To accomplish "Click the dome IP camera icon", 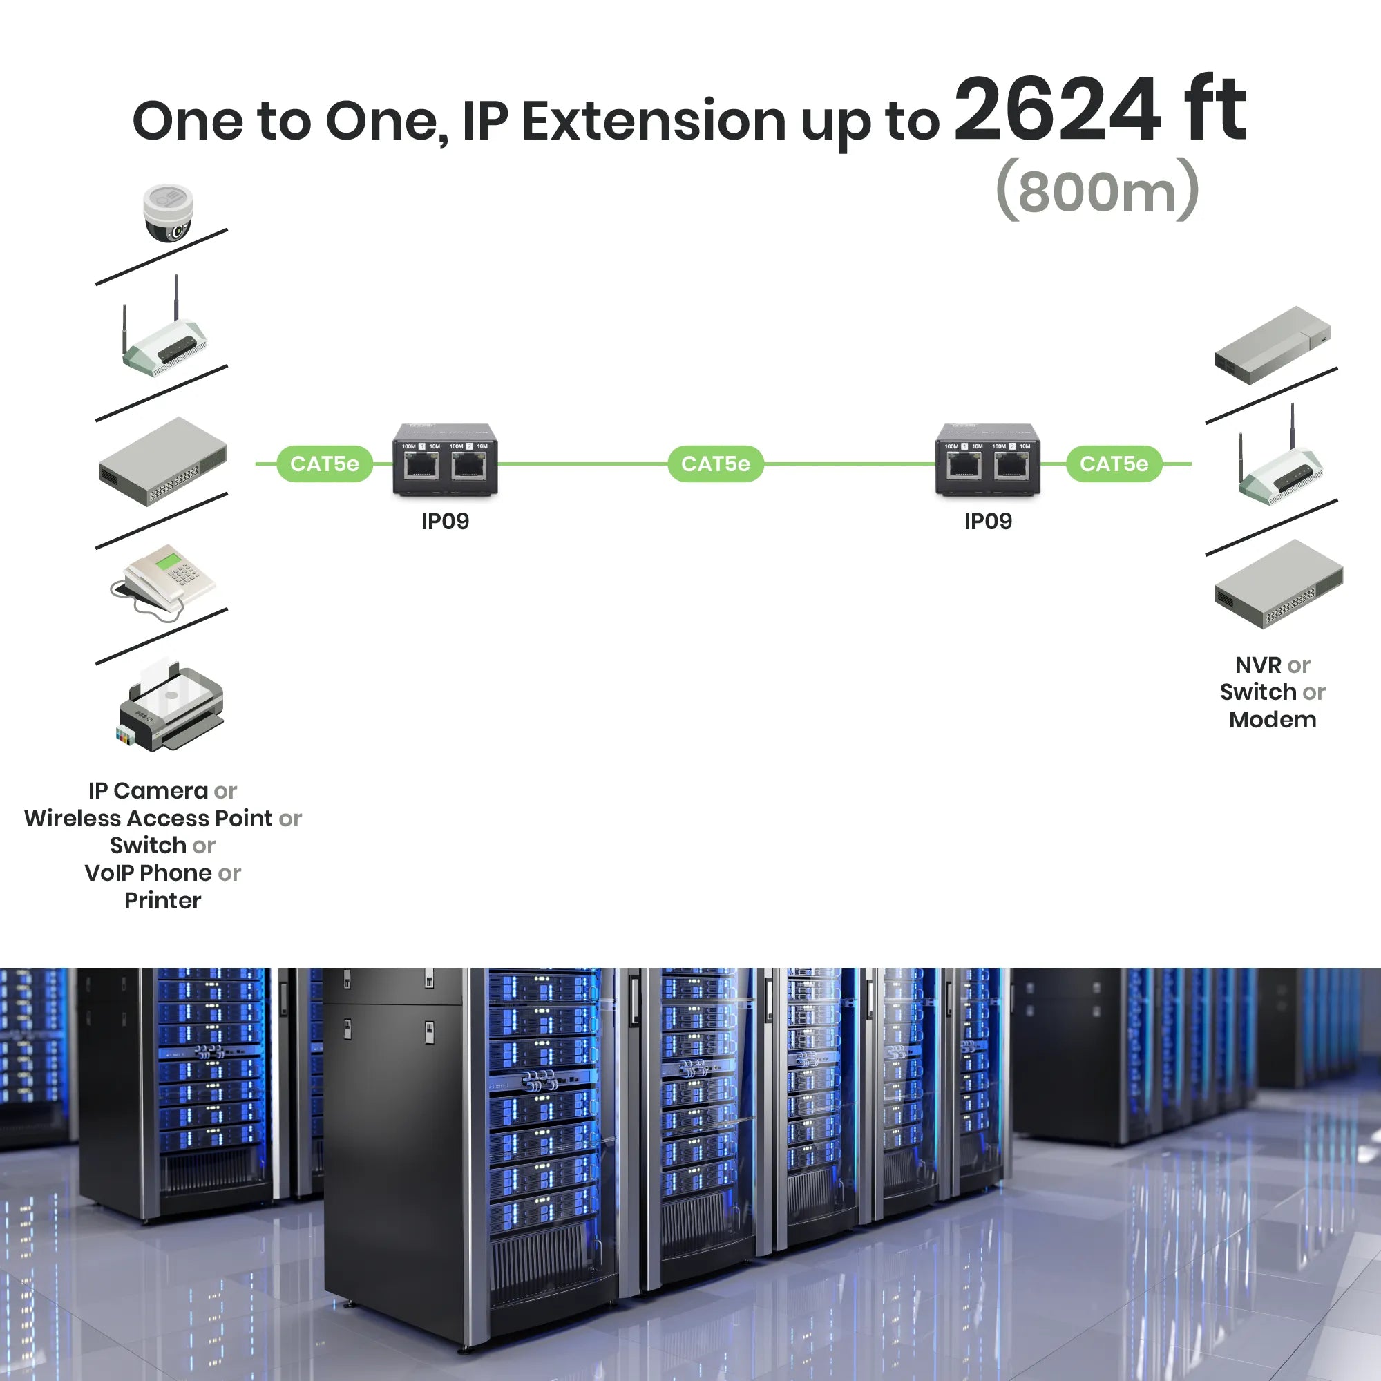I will coord(167,213).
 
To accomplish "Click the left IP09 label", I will coord(445,521).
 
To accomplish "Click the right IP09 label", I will coord(988,521).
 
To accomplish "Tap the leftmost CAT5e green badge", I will coord(325,464).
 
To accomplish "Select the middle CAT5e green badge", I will coord(716,464).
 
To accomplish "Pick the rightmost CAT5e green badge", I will coord(1114,464).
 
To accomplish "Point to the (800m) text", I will coord(1096,191).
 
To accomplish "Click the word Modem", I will coord(1273,719).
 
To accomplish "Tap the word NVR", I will coord(1258,665).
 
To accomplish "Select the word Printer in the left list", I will coord(163,900).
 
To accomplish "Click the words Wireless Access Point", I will coord(149,818).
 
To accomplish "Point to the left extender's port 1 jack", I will coord(421,465).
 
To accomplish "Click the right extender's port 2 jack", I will coord(1012,465).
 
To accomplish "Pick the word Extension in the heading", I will coord(654,122).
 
